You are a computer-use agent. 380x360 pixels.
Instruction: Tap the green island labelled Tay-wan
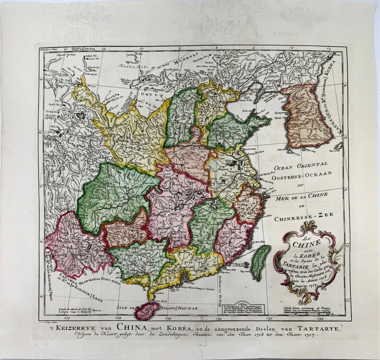coord(260,262)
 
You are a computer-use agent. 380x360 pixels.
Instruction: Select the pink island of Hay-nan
coord(146,311)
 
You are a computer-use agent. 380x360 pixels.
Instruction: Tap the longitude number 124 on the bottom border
coord(118,318)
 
